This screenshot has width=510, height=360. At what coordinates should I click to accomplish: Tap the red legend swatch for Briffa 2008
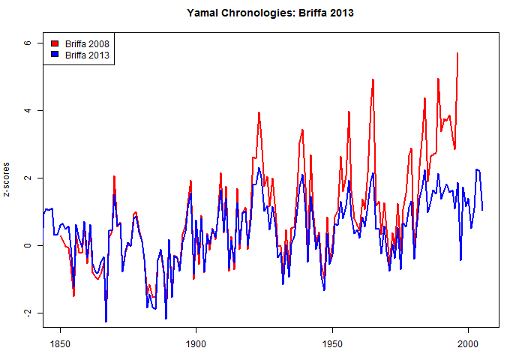55,44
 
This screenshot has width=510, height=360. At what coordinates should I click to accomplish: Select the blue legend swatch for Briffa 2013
55,55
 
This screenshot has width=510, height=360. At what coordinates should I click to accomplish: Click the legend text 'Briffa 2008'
85,44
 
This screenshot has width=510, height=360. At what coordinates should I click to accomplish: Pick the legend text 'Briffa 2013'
85,55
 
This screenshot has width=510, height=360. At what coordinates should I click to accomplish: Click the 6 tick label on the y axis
27,43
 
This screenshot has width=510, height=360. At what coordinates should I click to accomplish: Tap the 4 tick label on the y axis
27,110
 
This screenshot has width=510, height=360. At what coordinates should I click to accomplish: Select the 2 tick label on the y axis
27,178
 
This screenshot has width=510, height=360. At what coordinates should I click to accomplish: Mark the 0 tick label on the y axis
27,245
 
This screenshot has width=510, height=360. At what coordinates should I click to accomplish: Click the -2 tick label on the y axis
27,313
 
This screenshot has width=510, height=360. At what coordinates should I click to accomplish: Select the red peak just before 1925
259,112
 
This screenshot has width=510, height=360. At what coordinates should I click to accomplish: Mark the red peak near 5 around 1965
373,79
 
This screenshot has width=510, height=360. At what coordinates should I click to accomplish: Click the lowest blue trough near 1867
106,322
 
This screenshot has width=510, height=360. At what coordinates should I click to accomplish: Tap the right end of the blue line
482,210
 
